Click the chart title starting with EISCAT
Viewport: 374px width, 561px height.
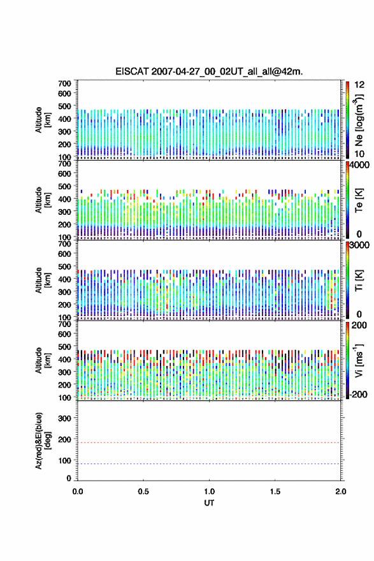point(209,71)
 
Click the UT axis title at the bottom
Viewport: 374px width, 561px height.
point(209,503)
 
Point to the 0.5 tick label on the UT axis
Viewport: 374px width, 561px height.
point(143,492)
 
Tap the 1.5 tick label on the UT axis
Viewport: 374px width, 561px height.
point(275,492)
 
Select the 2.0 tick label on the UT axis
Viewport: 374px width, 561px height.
point(340,492)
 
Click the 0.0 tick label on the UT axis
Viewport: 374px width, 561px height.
point(78,492)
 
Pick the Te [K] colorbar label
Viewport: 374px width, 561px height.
point(359,200)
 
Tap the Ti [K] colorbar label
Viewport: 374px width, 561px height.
point(359,280)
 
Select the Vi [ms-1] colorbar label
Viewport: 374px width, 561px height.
point(359,361)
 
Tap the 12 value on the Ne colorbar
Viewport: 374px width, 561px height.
point(359,85)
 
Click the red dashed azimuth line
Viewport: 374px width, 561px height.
point(209,442)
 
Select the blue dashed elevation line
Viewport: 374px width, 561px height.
point(209,463)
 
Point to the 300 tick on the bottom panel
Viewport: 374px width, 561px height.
point(65,418)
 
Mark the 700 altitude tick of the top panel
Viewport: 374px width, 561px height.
point(65,84)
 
